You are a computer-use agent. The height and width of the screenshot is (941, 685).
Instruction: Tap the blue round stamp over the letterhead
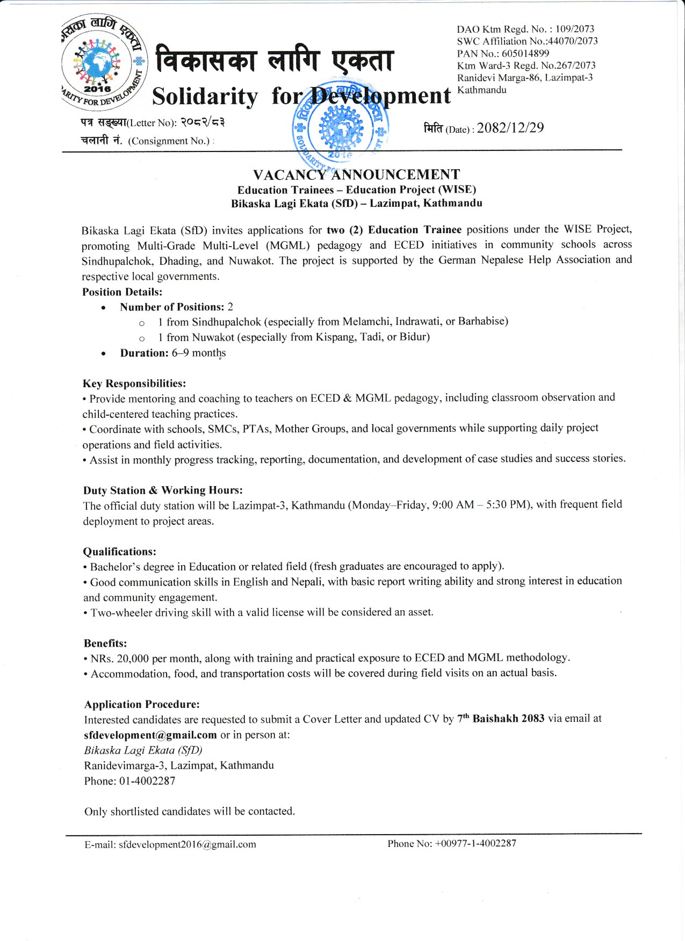(340, 128)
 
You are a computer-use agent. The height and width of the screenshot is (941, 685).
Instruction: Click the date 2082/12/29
(510, 128)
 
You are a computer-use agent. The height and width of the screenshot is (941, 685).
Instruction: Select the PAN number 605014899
(525, 53)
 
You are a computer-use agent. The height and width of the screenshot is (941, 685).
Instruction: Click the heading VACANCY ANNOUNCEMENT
(356, 175)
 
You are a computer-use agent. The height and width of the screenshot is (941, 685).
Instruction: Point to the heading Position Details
(122, 292)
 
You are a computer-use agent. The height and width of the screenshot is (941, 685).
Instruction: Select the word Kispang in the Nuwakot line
(335, 337)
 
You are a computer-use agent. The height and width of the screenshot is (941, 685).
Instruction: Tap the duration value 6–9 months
(199, 353)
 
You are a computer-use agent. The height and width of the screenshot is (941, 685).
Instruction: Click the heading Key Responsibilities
(134, 383)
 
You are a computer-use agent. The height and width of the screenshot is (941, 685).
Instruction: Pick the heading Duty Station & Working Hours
(163, 490)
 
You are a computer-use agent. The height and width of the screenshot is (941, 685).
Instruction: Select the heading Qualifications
(119, 552)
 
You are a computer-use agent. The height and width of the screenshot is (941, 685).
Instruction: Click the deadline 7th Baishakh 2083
(501, 719)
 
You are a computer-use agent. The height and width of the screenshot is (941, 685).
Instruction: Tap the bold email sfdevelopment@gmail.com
(150, 735)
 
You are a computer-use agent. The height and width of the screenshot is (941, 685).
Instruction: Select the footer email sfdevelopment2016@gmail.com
(187, 844)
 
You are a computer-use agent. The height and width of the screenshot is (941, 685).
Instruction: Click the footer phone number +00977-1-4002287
(475, 843)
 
